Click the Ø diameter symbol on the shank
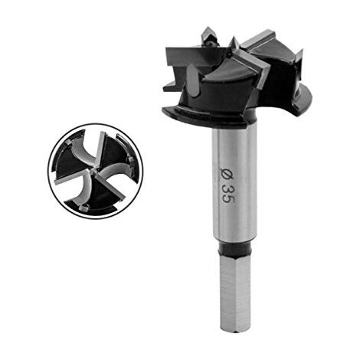[x=226, y=173]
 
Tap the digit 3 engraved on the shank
[x=227, y=188]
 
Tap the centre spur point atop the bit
[x=211, y=36]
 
